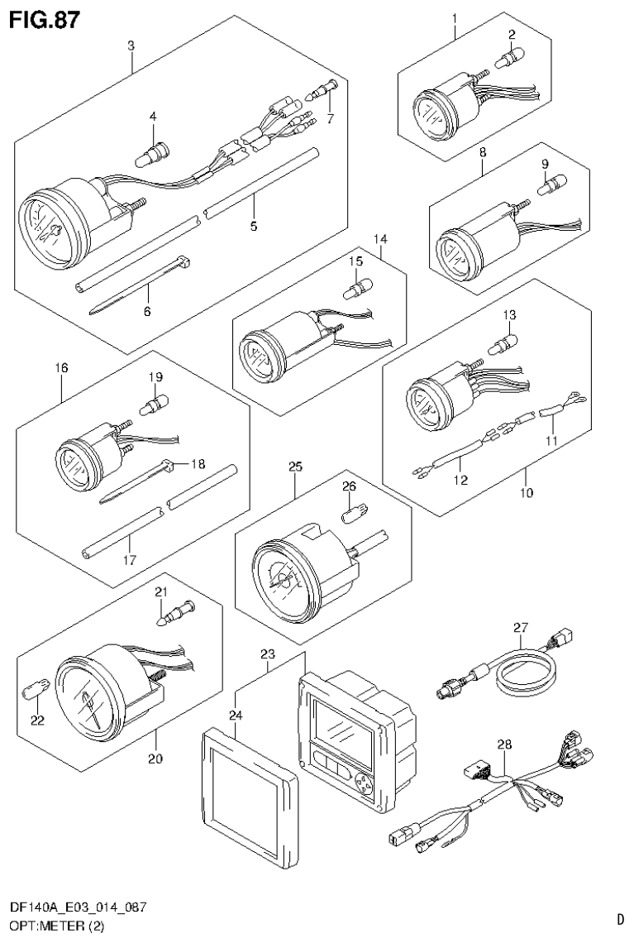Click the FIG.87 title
point(45,19)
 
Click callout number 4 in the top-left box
point(152,117)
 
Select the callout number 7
point(331,118)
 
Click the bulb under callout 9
point(547,186)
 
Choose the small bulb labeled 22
point(37,688)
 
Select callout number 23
point(266,655)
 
